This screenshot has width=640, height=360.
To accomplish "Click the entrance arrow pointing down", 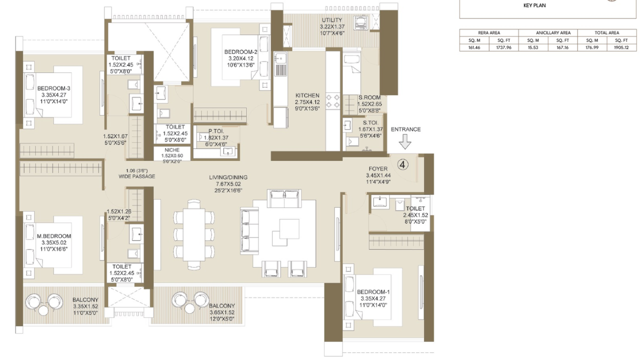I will coord(405,143).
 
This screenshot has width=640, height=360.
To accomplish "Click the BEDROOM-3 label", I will coord(53,88).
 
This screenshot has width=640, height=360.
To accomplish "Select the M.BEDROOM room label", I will coord(53,236).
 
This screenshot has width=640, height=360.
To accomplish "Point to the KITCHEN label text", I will coord(307,95).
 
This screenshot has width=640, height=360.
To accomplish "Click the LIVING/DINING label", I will coord(228,177).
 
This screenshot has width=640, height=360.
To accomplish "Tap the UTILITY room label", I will coord(331,19).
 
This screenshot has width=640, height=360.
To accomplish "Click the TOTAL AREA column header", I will coord(606,32).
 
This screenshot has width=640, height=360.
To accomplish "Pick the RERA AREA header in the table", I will coord(489,32).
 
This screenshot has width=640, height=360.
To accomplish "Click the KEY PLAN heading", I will coord(534,5).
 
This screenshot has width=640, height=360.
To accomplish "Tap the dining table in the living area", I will coord(194,234).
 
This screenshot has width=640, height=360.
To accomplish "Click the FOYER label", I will coord(378,169).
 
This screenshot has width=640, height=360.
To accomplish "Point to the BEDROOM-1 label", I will coord(373,291).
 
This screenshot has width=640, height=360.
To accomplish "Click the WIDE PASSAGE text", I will coord(136,176).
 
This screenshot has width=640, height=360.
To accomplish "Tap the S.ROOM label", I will coord(369,98).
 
